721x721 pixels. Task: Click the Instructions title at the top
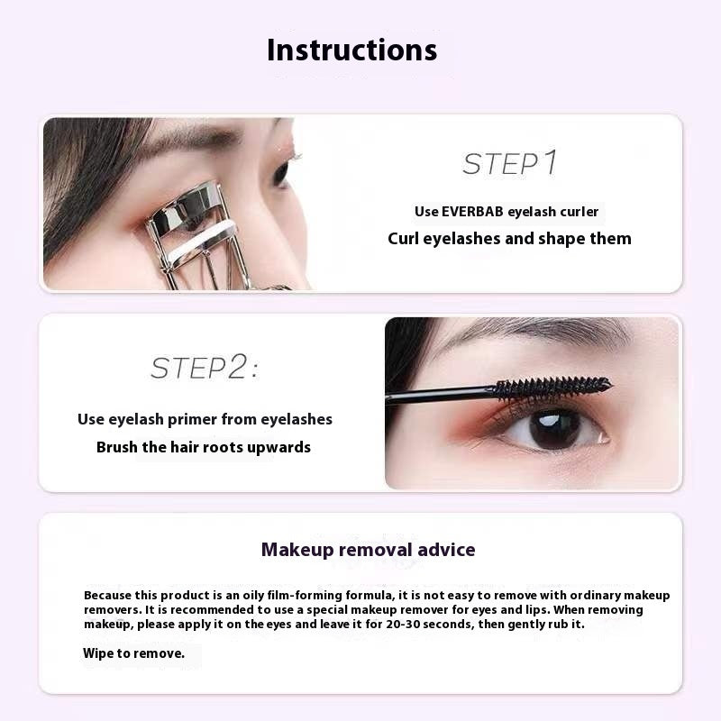[x=351, y=50]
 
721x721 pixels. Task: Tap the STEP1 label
[x=510, y=163]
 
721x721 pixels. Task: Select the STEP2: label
[x=204, y=367]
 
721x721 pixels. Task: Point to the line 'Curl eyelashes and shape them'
[x=509, y=239]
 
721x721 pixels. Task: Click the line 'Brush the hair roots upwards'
[x=204, y=447]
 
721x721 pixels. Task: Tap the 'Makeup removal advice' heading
[x=368, y=549]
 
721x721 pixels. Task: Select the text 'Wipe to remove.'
[x=133, y=653]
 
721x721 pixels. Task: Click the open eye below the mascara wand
[x=552, y=429]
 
